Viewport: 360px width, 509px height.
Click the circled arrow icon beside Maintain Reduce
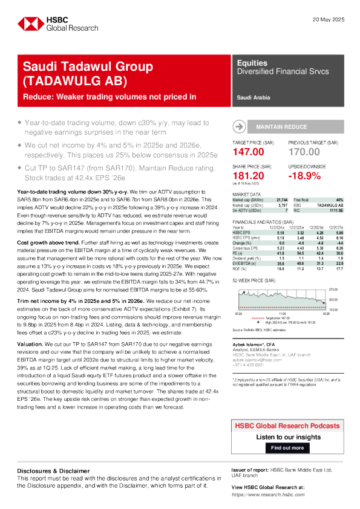click(x=240, y=126)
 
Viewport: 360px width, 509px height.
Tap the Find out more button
click(x=287, y=448)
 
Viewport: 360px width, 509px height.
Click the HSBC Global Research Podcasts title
click(x=287, y=427)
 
